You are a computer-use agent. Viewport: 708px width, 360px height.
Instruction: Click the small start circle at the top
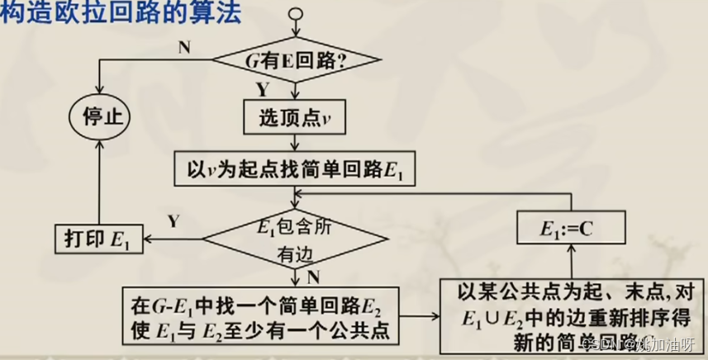pyautogui.click(x=297, y=15)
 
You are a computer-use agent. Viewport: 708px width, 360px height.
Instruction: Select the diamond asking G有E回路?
pyautogui.click(x=297, y=61)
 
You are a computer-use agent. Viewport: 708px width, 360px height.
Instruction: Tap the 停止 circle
pyautogui.click(x=101, y=116)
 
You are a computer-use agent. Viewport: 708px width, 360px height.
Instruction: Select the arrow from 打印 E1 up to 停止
pyautogui.click(x=101, y=182)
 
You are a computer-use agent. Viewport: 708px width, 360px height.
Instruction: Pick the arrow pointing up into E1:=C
pyautogui.click(x=571, y=263)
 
